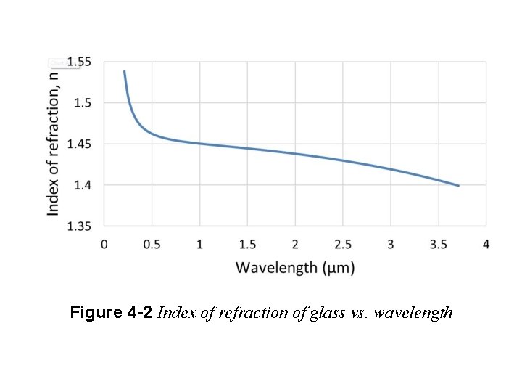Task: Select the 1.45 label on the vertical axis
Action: [x=80, y=144]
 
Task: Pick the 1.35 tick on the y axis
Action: [x=80, y=226]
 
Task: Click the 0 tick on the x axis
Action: [x=104, y=244]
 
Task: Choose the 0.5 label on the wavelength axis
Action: [x=152, y=244]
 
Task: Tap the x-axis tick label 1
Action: [x=199, y=244]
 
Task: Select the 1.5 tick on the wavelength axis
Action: [x=247, y=244]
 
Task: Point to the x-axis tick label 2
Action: [x=295, y=244]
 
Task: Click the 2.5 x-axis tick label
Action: [x=343, y=244]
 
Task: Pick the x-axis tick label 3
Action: [x=391, y=244]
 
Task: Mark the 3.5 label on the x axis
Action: [x=439, y=244]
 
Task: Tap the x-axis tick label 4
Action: [x=486, y=244]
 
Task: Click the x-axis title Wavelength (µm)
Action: [x=295, y=268]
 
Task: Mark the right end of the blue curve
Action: [x=459, y=186]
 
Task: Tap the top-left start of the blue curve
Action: [x=124, y=71]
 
